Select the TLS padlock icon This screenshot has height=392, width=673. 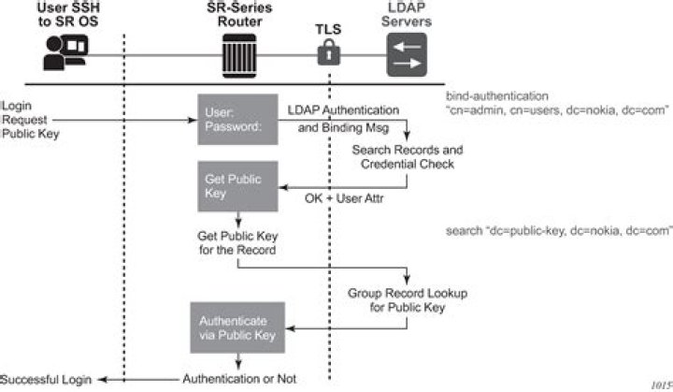327,54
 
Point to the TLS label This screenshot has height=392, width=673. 326,29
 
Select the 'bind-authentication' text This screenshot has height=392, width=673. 496,95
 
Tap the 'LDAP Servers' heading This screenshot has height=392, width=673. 410,16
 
